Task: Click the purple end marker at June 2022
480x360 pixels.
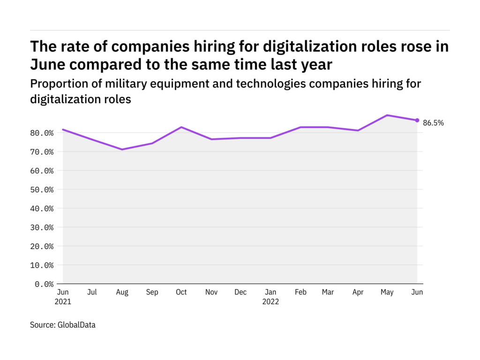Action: point(417,120)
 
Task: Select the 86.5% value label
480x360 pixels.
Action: point(433,123)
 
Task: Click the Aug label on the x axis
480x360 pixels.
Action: point(122,292)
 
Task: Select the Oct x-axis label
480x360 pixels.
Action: point(181,292)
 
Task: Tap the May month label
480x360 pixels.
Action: point(387,292)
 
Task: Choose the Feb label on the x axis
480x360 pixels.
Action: point(300,292)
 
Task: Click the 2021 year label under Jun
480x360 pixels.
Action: point(63,301)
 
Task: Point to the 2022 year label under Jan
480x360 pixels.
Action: point(270,301)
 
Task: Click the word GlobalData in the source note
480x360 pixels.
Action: point(76,324)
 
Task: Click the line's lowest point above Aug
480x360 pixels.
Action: point(122,150)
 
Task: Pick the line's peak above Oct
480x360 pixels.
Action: point(181,127)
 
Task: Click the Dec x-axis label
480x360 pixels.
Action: point(240,292)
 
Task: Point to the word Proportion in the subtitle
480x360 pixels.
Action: point(53,83)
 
